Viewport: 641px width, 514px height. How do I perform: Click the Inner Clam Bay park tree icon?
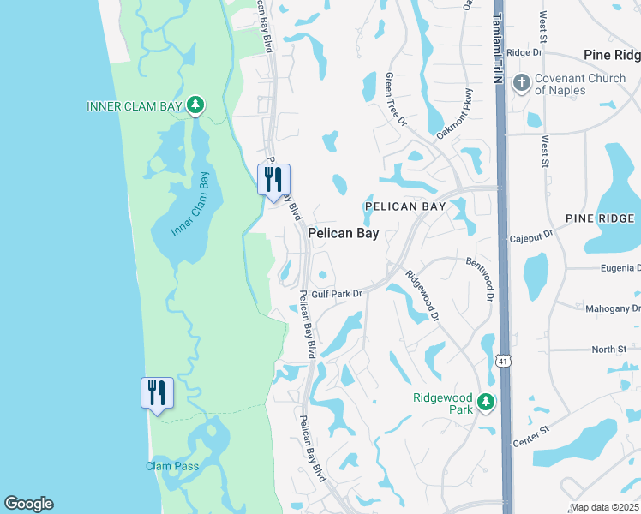click(196, 105)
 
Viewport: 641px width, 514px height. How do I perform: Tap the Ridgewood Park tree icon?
click(486, 402)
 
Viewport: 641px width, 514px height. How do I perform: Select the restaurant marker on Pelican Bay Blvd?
click(274, 180)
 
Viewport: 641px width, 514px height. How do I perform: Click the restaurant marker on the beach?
click(157, 393)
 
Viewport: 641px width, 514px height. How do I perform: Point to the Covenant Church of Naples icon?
click(520, 84)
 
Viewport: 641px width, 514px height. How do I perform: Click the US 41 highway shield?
click(500, 363)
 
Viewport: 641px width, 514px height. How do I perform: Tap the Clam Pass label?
click(171, 466)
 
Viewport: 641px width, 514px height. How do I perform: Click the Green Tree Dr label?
click(395, 99)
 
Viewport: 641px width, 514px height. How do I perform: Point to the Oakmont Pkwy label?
click(455, 123)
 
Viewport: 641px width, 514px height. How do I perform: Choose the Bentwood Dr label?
click(482, 278)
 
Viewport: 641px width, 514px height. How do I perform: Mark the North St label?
click(609, 350)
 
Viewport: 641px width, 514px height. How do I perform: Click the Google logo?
click(28, 504)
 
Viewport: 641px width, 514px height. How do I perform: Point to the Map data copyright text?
click(604, 507)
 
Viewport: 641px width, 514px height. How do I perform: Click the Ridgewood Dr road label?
click(422, 296)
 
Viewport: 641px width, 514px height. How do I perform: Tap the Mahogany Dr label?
click(612, 308)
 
